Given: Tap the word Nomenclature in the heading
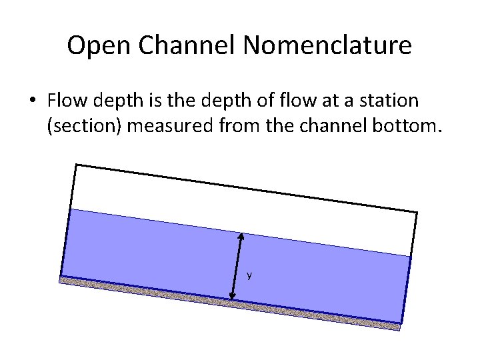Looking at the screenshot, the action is click(x=327, y=45).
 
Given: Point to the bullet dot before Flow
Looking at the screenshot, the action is click(x=32, y=101).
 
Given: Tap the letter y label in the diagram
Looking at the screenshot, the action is click(x=249, y=275).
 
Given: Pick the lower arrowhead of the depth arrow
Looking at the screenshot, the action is click(x=233, y=297).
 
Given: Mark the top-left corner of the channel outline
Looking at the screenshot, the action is click(x=76, y=165).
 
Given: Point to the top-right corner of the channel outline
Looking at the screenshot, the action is click(x=417, y=213).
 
